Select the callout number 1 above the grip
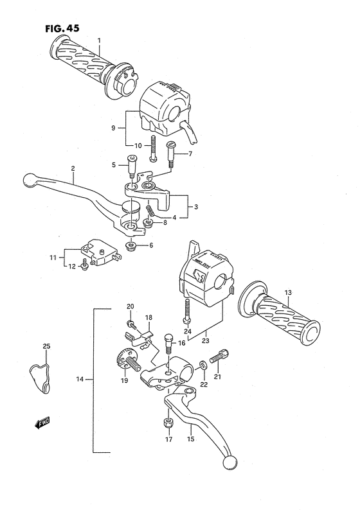click(x=100, y=42)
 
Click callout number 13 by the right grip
click(x=289, y=292)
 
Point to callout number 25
click(x=46, y=347)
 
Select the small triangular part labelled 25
click(x=40, y=376)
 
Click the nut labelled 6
click(x=131, y=246)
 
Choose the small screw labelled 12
click(x=85, y=265)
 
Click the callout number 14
click(x=80, y=380)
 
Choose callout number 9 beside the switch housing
click(x=113, y=128)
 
